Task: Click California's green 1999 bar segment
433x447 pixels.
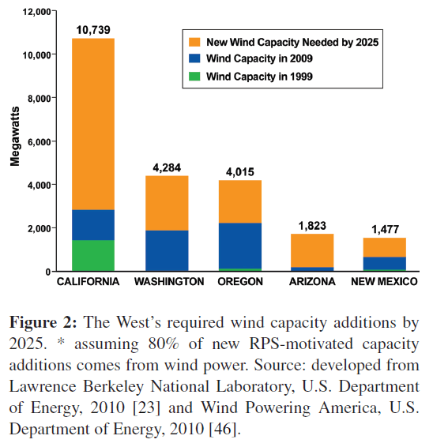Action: [x=93, y=255]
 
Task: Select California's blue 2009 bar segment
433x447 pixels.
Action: [x=93, y=225]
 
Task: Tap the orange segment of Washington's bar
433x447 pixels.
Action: [x=167, y=203]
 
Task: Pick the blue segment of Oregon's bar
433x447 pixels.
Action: [x=240, y=246]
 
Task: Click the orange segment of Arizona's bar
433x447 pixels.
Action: [x=312, y=250]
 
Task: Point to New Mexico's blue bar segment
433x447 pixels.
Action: [x=385, y=263]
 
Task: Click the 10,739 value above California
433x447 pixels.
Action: [x=93, y=30]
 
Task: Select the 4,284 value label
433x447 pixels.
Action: [x=167, y=167]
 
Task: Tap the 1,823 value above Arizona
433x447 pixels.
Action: [x=312, y=226]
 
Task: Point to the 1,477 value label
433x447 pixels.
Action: [x=385, y=230]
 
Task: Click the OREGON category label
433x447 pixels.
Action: [x=240, y=282]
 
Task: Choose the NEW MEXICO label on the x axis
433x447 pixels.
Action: [x=384, y=282]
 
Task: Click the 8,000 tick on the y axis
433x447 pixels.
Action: [x=40, y=99]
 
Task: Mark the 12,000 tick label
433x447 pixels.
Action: [x=37, y=12]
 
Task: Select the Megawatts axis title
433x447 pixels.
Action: [x=15, y=137]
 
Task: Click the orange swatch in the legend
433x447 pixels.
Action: [x=194, y=42]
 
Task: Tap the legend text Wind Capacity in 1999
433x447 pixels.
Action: [x=260, y=77]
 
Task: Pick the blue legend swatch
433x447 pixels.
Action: [x=194, y=58]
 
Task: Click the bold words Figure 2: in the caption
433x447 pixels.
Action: [x=43, y=322]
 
